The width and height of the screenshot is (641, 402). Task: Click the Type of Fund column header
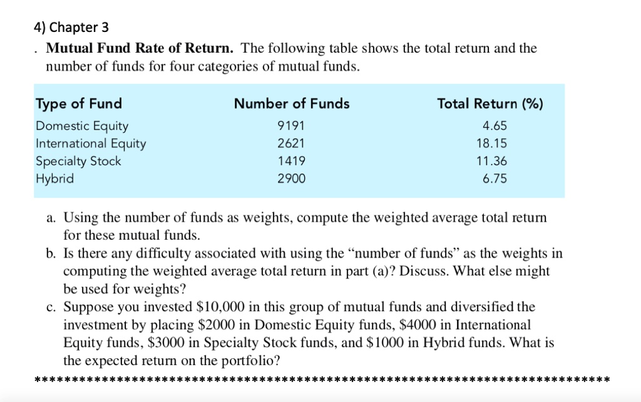(x=79, y=103)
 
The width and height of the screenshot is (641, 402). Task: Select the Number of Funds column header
(x=292, y=103)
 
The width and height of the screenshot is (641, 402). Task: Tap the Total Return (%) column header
(x=490, y=103)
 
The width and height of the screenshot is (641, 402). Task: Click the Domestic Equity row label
(x=82, y=126)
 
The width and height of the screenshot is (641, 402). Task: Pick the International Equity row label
(x=91, y=143)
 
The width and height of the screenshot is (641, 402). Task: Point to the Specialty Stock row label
(x=79, y=161)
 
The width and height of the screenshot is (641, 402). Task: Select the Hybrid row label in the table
(x=55, y=178)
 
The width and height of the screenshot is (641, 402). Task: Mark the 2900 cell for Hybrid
(x=292, y=178)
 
